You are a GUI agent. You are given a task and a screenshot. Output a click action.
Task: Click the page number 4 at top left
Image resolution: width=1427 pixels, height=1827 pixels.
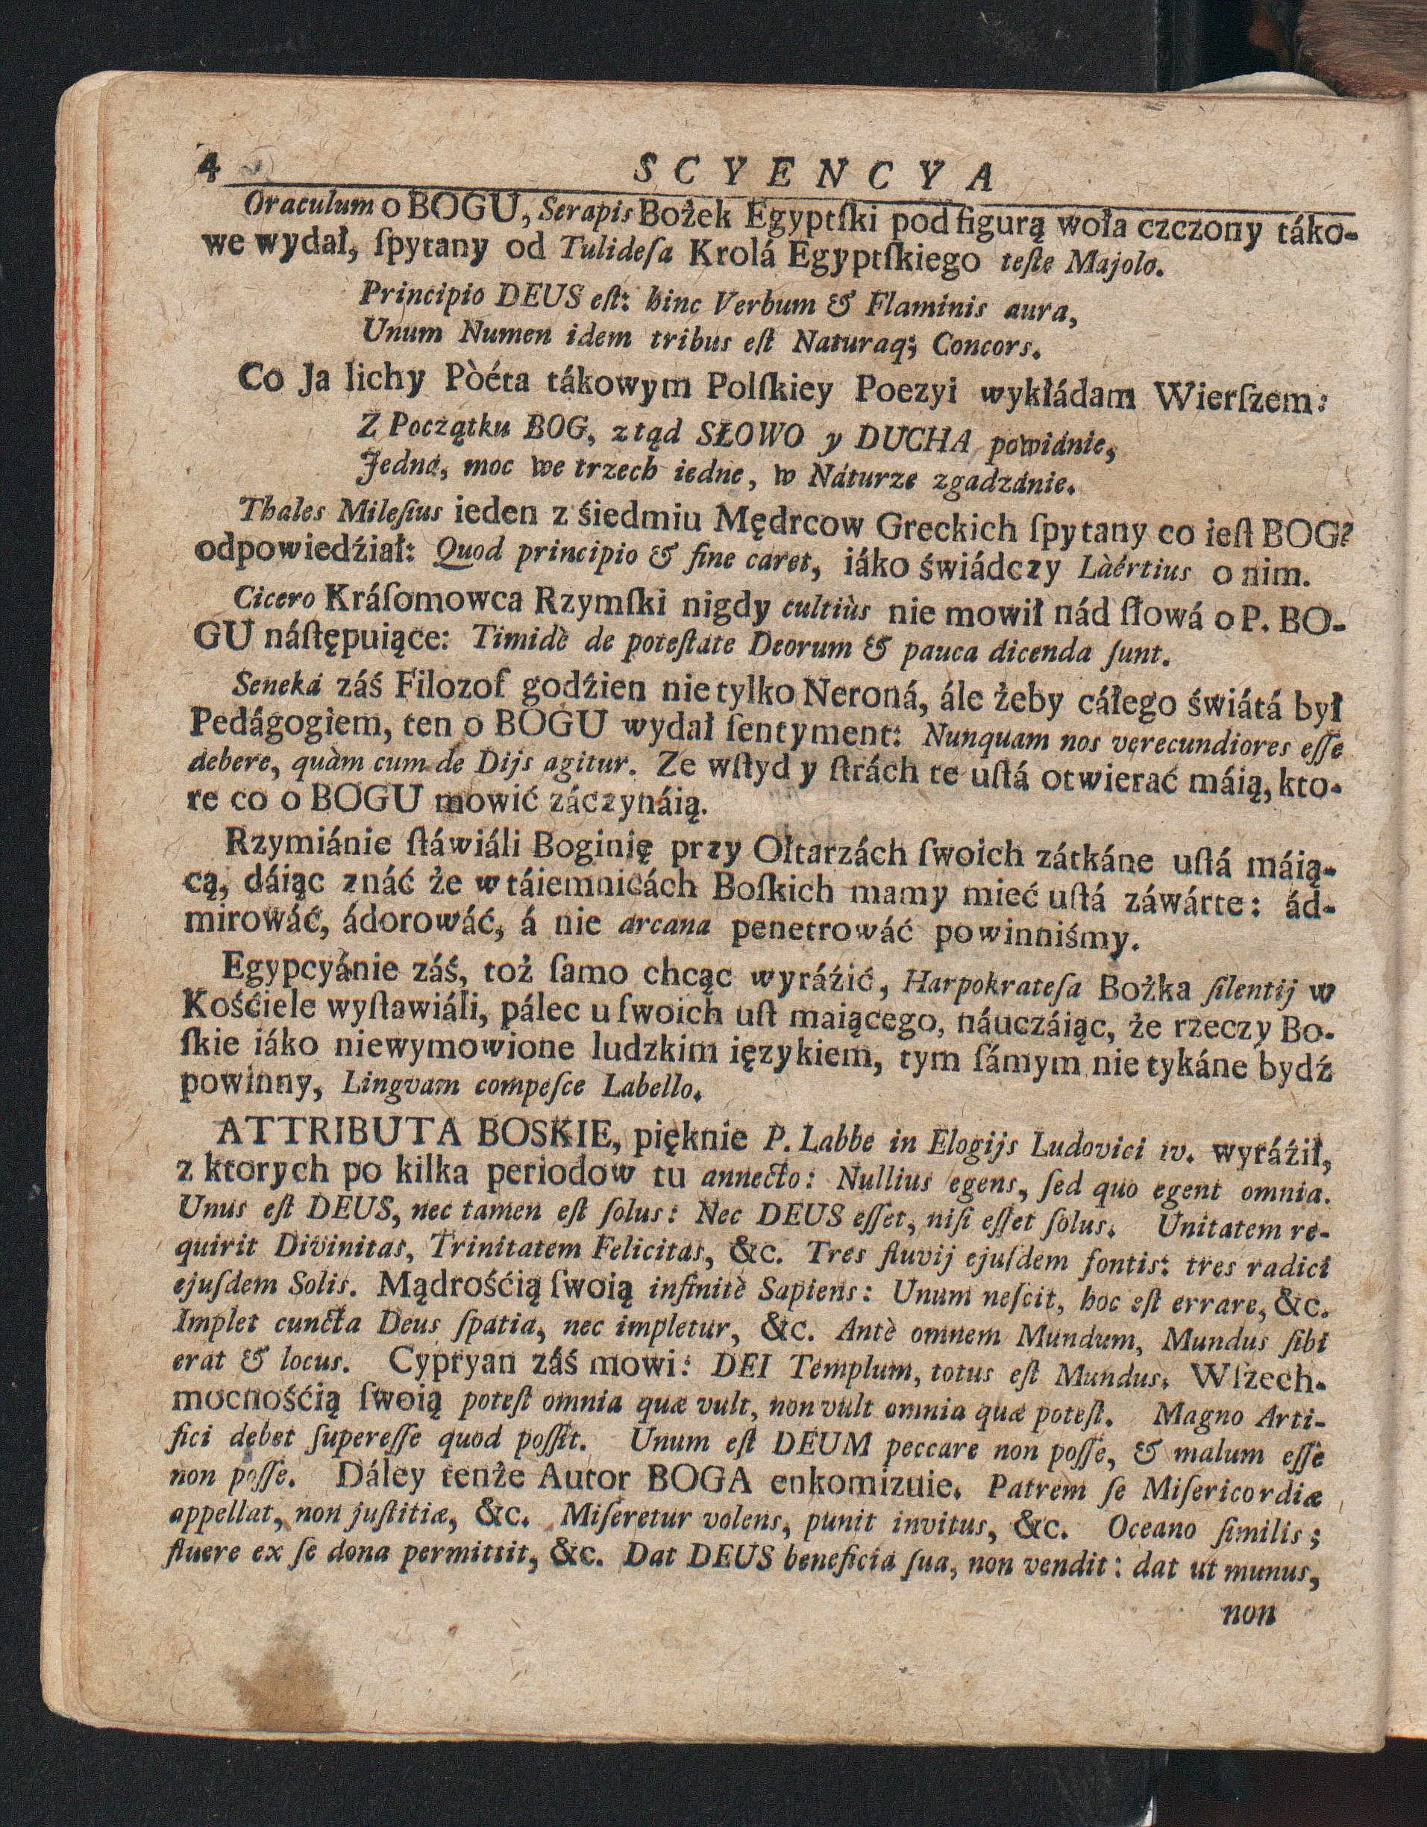(x=206, y=167)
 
